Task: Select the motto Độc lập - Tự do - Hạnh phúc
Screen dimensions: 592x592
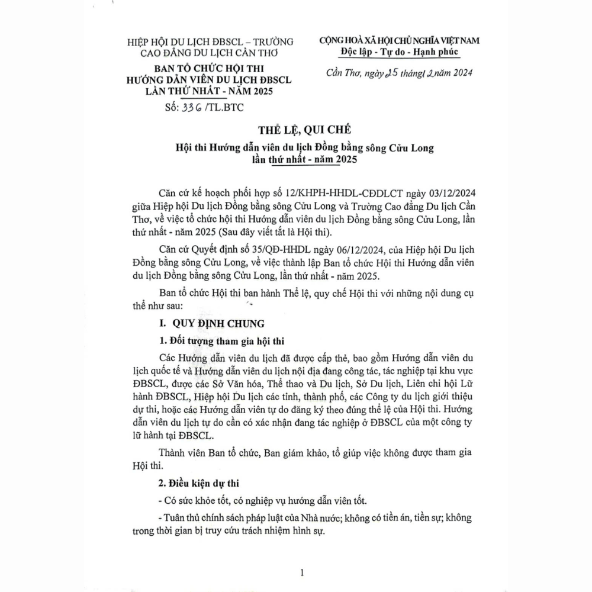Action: [400, 52]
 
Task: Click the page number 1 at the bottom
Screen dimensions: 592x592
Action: [302, 572]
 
